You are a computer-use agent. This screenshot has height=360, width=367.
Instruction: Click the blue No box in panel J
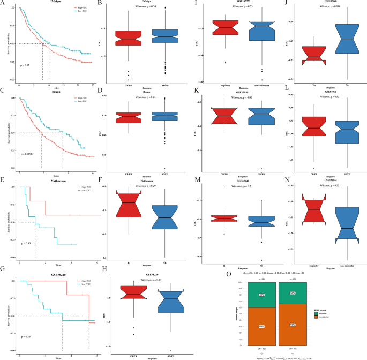(342, 39)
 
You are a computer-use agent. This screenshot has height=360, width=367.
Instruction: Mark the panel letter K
(200, 93)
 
